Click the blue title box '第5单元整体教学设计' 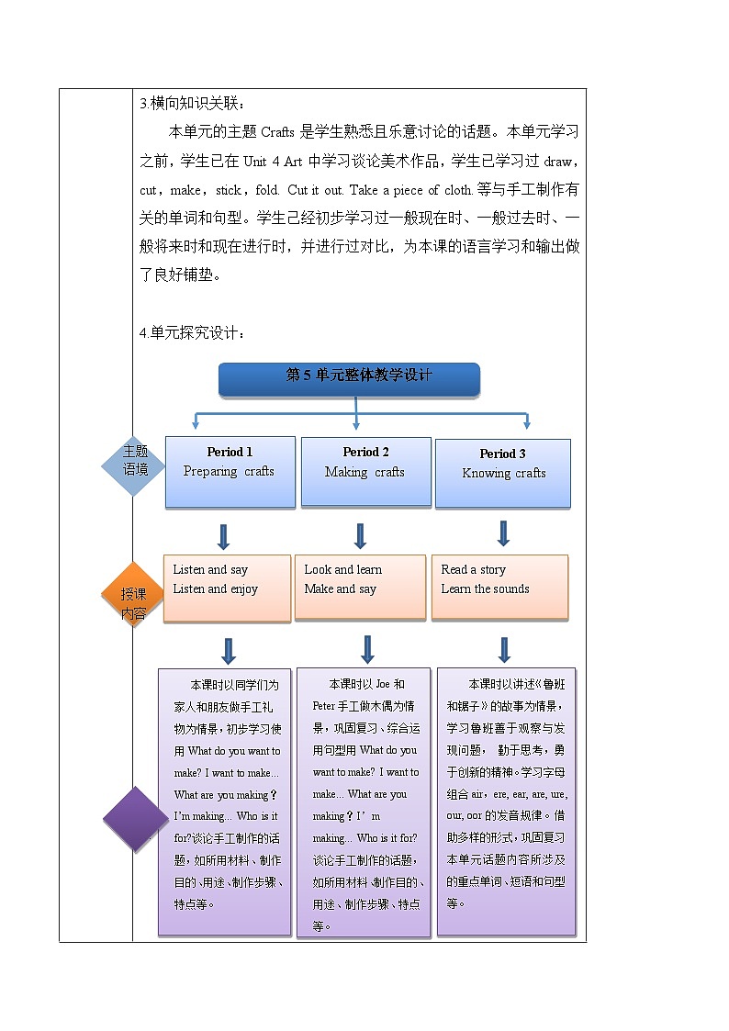click(349, 377)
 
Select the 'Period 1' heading click(230, 452)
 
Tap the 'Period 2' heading click(365, 452)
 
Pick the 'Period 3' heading click(502, 454)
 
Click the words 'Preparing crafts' click(229, 472)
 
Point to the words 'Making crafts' click(364, 473)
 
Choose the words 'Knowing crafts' click(503, 474)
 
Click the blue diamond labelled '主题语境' click(135, 466)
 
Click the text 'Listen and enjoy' click(215, 589)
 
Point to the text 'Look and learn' click(342, 569)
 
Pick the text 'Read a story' click(473, 569)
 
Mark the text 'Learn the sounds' click(485, 589)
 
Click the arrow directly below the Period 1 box click(223, 536)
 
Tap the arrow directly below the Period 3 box click(503, 533)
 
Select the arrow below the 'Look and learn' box click(367, 649)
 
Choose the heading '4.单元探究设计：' click(192, 332)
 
